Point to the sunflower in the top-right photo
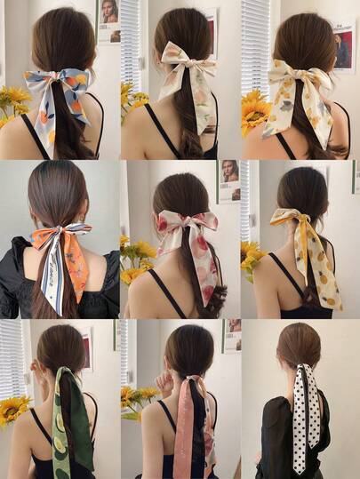tap(254, 111)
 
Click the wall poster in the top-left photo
tap(108, 20)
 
